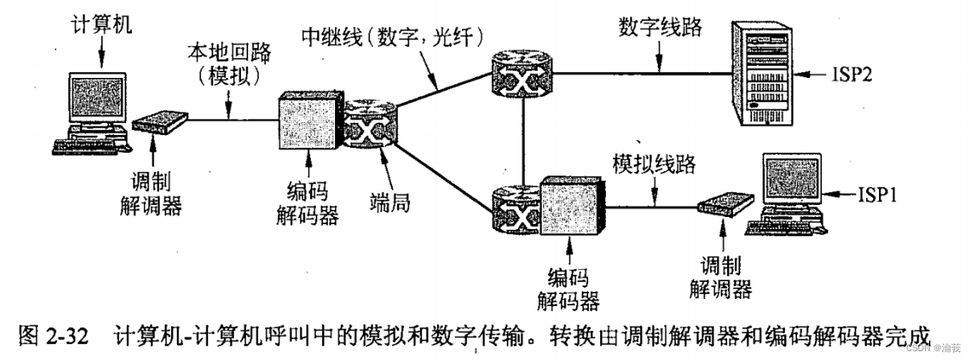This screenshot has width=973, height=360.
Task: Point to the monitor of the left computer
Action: (x=96, y=98)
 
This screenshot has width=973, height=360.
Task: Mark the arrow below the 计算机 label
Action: (x=102, y=52)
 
